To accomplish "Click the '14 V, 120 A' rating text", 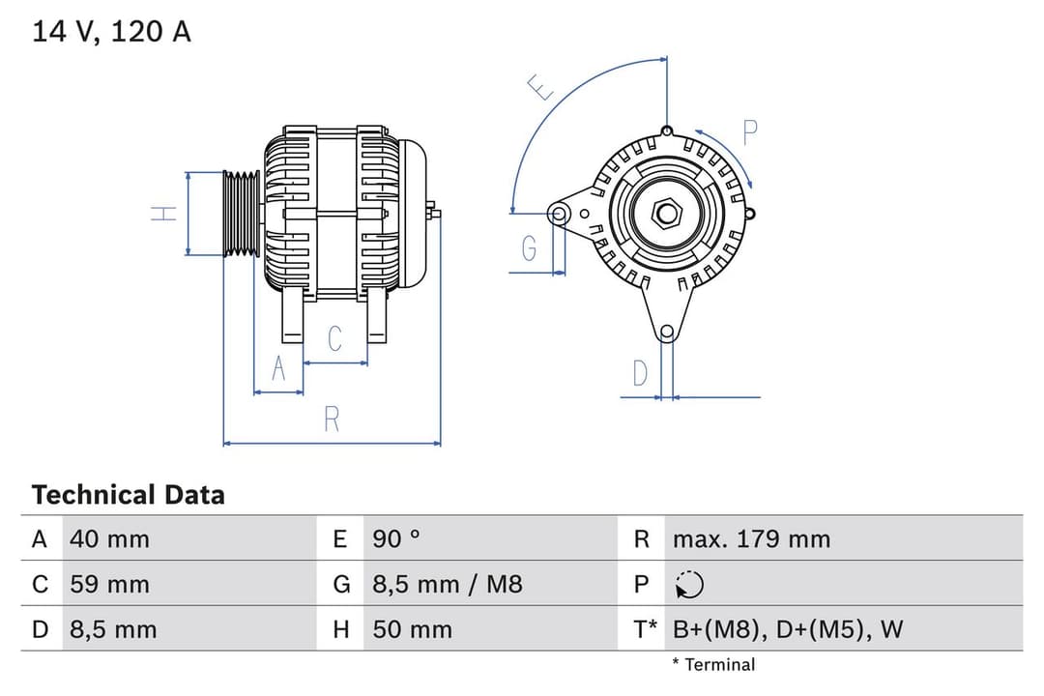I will (111, 32).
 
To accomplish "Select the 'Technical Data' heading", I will (128, 495).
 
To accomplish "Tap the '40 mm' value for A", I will (109, 538).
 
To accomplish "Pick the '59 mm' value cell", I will (109, 584).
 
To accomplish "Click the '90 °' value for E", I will (396, 538).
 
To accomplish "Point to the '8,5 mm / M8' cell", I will (447, 584).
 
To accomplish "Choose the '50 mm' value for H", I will (412, 629).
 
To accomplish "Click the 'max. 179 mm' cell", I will (751, 538).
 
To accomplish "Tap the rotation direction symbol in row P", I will (689, 585).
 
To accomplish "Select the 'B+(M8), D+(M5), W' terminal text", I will (787, 629).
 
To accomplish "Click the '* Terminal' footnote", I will (713, 664).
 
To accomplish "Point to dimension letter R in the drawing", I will (332, 420).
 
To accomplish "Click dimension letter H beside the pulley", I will (167, 213).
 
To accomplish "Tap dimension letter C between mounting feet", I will (334, 338).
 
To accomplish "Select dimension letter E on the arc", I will (542, 88).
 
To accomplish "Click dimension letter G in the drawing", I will (529, 248).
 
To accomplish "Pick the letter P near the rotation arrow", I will (749, 132).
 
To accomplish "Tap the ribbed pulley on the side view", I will (241, 214).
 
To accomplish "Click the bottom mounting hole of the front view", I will (666, 333).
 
